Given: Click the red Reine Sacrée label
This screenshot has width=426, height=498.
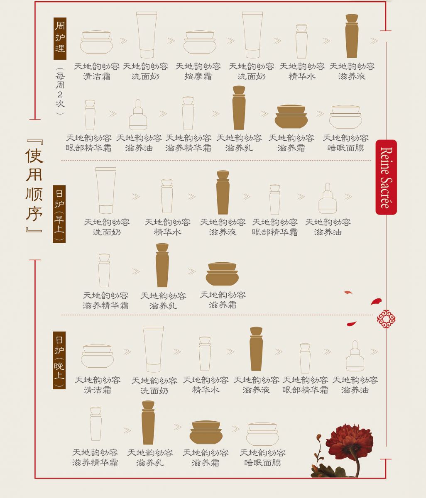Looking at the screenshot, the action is [386, 177].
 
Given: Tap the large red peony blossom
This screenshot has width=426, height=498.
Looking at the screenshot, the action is [349, 440].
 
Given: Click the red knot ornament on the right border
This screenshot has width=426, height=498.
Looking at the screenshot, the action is [386, 319].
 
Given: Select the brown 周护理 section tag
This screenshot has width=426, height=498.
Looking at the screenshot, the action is [60, 39].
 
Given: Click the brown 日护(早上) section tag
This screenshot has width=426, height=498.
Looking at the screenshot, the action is [59, 214].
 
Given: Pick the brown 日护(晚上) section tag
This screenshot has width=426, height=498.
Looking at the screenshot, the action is [59, 360].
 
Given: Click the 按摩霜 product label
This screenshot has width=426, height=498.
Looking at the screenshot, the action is [198, 76].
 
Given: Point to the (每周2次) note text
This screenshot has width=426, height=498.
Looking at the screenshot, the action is [60, 90].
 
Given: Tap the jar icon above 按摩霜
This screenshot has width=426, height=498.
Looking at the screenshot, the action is [200, 42].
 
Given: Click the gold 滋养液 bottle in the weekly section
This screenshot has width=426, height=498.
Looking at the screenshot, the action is [352, 36].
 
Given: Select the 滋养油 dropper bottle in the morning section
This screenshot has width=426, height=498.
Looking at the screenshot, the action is [328, 198].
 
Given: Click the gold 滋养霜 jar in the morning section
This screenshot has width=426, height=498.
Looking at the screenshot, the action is [222, 274].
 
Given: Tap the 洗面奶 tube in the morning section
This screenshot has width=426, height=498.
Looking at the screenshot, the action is [106, 190].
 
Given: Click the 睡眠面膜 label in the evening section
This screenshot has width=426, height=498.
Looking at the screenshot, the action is [262, 463].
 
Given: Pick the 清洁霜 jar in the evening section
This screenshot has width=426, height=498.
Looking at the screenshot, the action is [97, 356].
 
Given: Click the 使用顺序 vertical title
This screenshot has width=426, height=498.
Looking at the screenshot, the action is [34, 186].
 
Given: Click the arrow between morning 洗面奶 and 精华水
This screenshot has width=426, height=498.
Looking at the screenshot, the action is [136, 197].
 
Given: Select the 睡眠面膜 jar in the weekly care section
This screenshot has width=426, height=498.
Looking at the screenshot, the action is [345, 117].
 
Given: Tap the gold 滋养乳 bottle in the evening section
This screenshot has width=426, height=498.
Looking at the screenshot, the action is [148, 423].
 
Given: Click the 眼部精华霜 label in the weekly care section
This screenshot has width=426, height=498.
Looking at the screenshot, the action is [89, 148].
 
